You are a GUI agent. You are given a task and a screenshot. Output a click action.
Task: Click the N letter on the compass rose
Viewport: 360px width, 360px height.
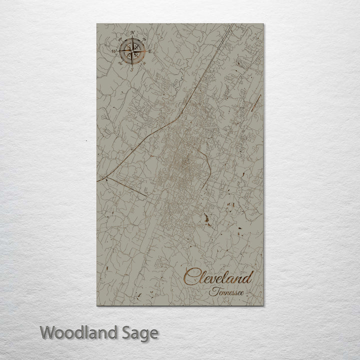132,33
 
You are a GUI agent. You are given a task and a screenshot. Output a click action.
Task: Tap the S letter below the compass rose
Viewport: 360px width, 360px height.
132,70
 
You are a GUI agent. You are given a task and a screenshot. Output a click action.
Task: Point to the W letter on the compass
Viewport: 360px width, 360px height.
114,51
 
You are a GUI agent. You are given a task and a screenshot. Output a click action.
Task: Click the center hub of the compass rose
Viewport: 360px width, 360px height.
132,51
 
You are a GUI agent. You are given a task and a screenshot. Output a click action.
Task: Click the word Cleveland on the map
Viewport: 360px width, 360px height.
218,276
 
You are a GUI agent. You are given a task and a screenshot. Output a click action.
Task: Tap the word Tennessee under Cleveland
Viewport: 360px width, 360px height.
227,291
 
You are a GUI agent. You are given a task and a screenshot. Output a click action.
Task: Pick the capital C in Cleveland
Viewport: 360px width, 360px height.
190,276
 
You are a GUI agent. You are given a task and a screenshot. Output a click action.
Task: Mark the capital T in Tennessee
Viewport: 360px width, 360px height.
212,290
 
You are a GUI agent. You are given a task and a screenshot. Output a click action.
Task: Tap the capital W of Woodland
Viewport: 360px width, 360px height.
47,332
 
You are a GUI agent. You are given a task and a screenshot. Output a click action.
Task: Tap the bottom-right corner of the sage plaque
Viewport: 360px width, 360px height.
263,305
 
